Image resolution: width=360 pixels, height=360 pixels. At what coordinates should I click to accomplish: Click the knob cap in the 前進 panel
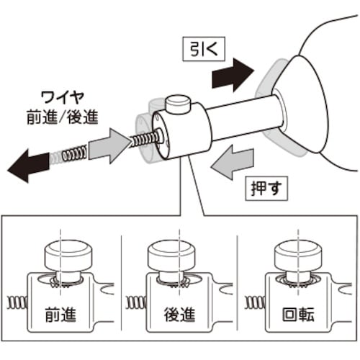[66, 253]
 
